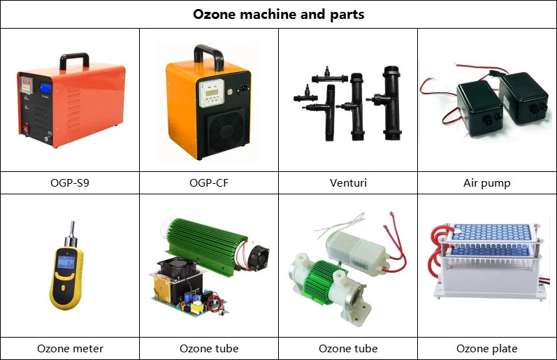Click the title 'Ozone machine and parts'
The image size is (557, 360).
click(x=278, y=14)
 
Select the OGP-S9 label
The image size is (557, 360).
click(x=70, y=183)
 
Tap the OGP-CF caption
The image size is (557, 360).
click(x=208, y=183)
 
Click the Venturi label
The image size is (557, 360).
click(x=348, y=183)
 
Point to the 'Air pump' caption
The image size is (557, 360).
click(x=487, y=183)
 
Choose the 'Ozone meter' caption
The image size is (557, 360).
click(x=70, y=348)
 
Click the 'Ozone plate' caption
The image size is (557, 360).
click(x=487, y=348)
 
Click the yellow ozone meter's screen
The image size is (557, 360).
click(x=66, y=264)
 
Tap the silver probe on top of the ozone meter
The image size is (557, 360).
click(x=71, y=230)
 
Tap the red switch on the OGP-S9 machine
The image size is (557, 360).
click(x=27, y=128)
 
